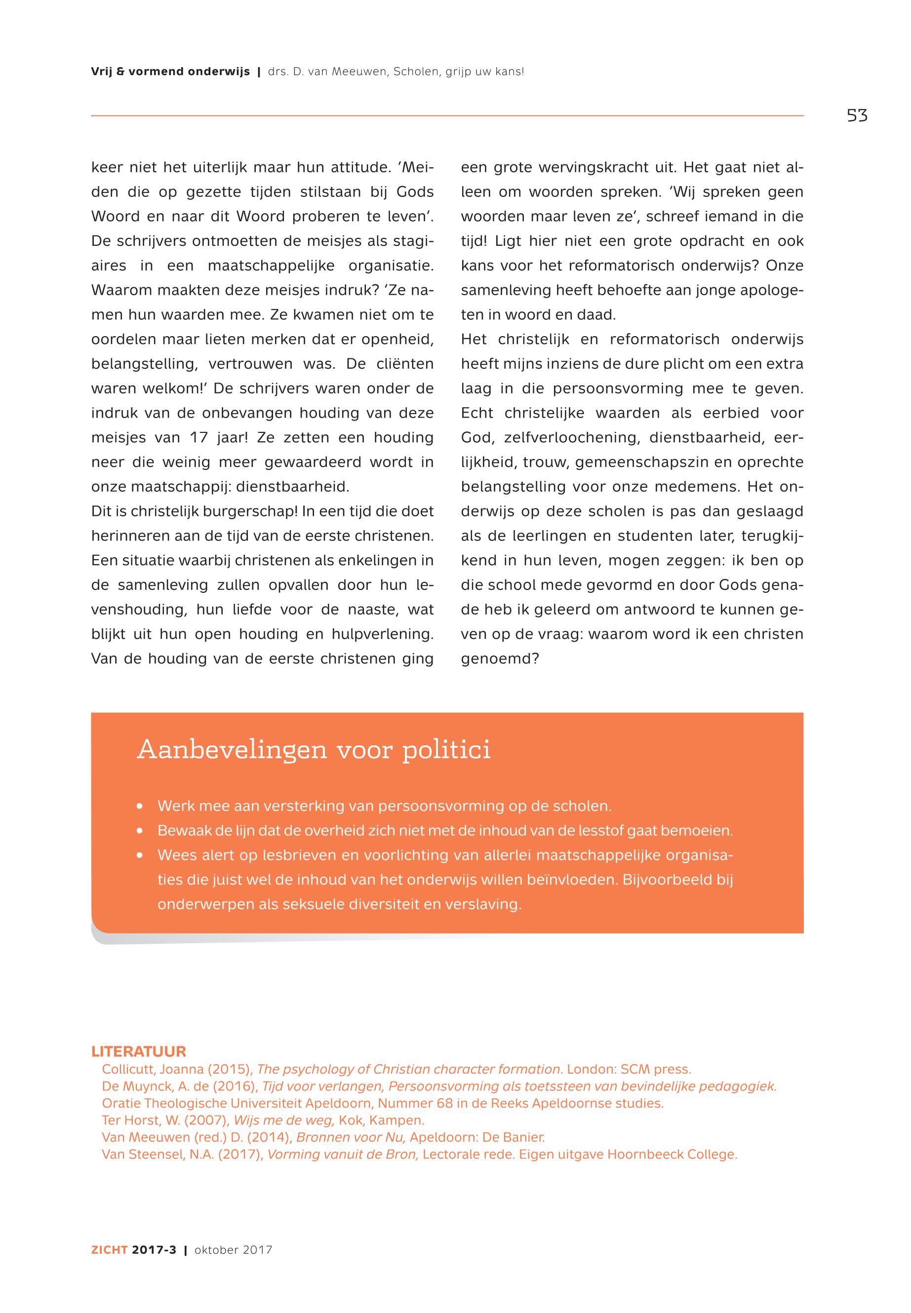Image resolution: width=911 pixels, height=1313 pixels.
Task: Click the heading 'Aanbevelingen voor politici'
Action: [314, 749]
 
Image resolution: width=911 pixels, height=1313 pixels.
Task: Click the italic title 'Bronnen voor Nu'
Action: [351, 1138]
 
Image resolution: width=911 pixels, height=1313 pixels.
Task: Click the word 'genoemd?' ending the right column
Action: [500, 659]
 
